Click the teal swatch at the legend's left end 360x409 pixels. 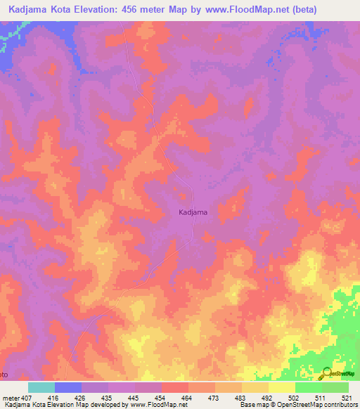pos(41,387)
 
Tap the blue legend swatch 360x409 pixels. pos(68,387)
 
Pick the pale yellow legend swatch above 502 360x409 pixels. pos(282,387)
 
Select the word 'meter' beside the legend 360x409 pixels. pos(10,397)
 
